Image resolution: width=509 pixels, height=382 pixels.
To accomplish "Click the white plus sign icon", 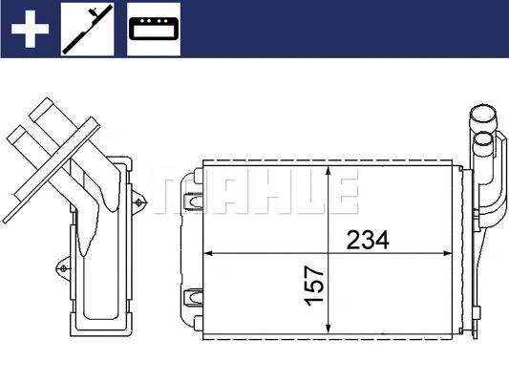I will tap(29, 29).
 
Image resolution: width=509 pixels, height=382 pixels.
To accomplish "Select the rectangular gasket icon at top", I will tap(153, 30).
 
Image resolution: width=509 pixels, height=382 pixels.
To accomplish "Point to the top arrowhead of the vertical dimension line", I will tap(329, 172).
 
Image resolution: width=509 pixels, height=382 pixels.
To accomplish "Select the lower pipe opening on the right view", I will tap(485, 143).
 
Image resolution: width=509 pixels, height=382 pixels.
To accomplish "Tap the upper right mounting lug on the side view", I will tap(141, 202).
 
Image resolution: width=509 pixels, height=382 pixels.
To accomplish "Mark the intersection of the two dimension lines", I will tap(329, 254).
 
